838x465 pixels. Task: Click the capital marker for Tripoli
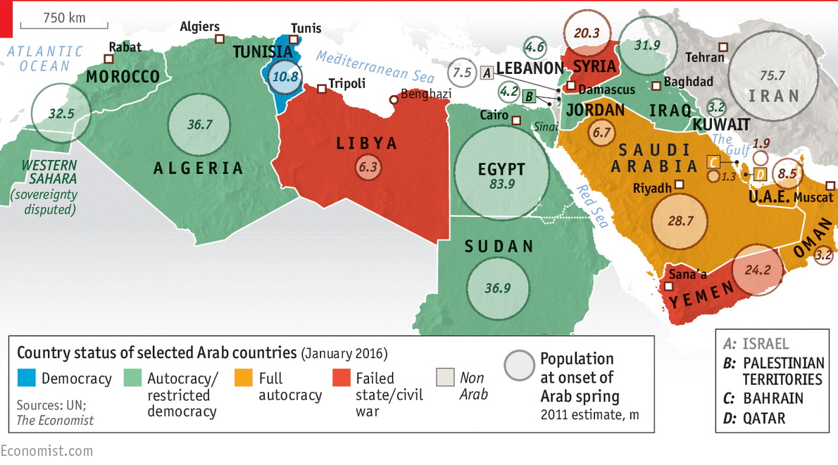pos(321,89)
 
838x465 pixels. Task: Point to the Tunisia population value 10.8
pos(286,77)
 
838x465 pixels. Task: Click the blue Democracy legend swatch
pos(25,378)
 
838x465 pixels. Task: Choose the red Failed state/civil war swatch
pos(340,378)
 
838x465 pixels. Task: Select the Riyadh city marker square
pos(680,185)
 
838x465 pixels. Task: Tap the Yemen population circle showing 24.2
pos(758,270)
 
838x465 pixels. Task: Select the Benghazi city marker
pos(394,99)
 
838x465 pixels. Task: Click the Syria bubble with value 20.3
pos(587,32)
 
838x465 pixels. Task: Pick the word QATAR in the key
pos(763,418)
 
